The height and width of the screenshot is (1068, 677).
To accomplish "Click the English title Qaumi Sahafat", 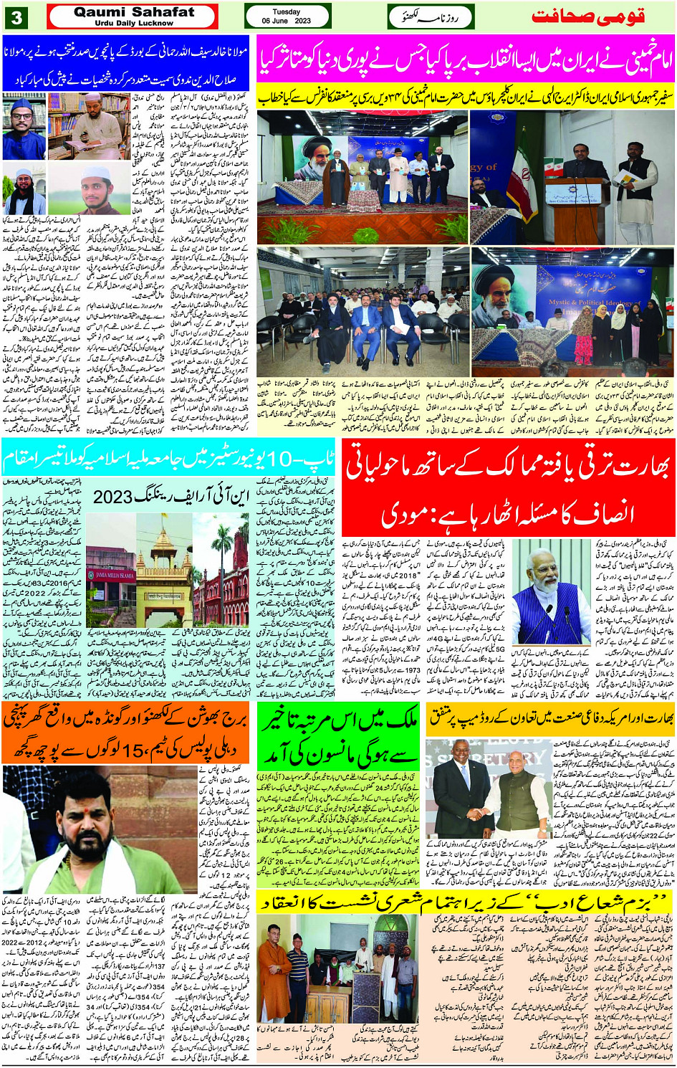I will (134, 11).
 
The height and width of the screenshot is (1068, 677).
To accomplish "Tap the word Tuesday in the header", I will (286, 11).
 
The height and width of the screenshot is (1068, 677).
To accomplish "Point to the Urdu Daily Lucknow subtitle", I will (133, 23).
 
